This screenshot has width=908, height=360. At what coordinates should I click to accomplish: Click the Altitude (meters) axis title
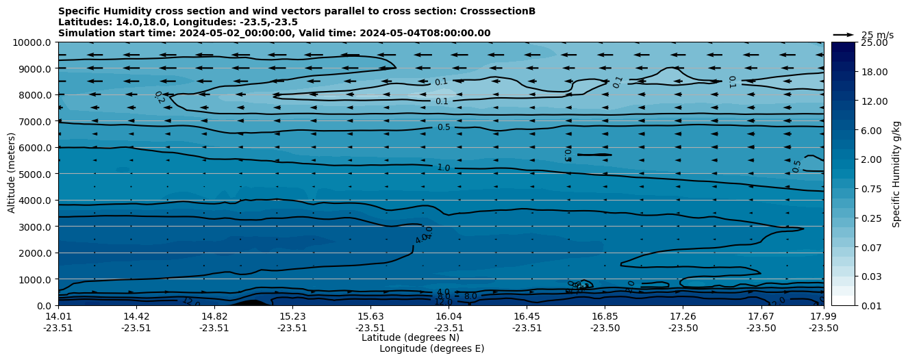click(x=12, y=173)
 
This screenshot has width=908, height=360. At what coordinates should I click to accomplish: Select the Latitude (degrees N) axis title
click(x=401, y=337)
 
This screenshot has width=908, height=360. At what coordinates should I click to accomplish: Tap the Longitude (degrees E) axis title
click(x=431, y=348)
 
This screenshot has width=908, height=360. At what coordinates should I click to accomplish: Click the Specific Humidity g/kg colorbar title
click(x=896, y=174)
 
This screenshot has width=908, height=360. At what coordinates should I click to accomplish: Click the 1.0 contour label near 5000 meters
click(x=444, y=168)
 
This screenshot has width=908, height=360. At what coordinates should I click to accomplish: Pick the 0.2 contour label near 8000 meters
click(x=160, y=97)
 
